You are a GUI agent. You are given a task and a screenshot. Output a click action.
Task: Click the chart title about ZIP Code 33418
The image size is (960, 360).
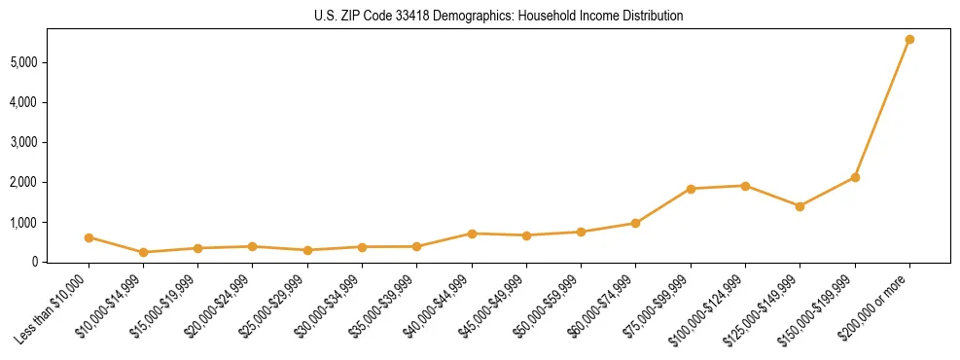click(498, 17)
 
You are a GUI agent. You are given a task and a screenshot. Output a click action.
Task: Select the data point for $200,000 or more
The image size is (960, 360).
click(909, 40)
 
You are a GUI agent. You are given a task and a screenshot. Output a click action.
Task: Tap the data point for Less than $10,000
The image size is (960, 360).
click(89, 237)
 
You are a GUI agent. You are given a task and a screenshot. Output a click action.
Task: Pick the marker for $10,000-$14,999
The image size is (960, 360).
click(143, 252)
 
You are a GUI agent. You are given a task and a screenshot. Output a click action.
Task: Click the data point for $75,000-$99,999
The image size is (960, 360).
click(691, 189)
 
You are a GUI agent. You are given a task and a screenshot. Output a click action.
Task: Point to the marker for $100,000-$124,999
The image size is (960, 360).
click(745, 186)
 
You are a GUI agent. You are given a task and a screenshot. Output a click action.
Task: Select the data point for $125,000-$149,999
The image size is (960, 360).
click(800, 206)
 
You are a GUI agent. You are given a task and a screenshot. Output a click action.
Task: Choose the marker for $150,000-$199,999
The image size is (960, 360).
click(855, 177)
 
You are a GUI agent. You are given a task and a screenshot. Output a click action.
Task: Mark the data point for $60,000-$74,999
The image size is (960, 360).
click(635, 223)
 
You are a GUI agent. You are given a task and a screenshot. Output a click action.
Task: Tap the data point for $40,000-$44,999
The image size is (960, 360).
click(472, 234)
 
